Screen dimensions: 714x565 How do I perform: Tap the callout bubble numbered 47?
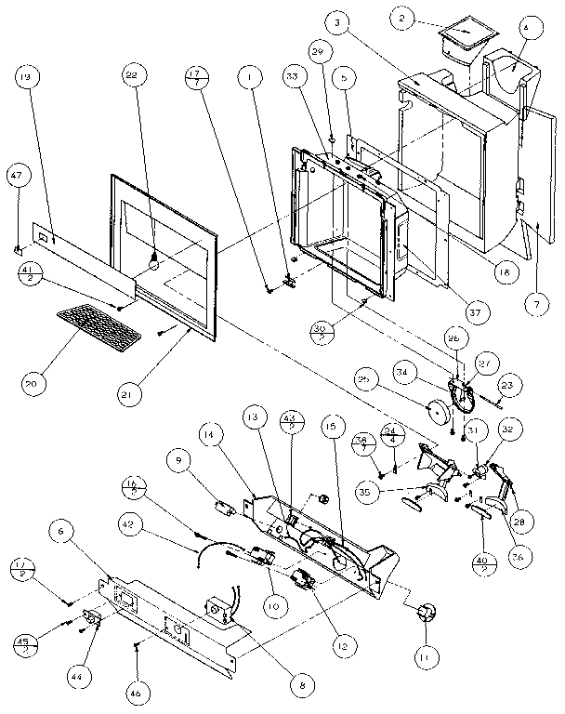[15, 175]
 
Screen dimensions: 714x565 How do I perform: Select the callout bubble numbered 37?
[475, 313]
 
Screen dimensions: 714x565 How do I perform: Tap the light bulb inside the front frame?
[154, 263]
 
